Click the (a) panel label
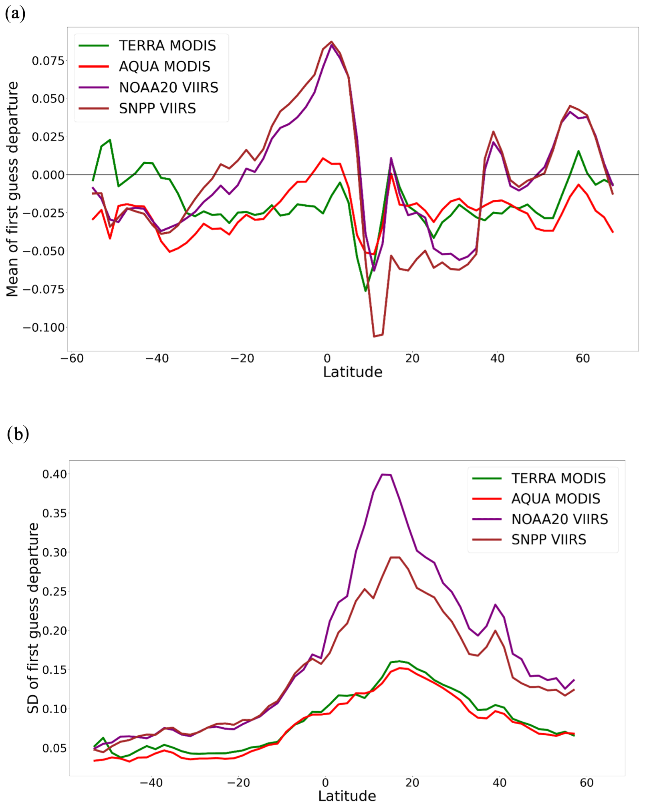click(15, 14)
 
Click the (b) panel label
click(18, 434)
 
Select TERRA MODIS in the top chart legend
click(167, 46)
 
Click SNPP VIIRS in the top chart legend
click(157, 109)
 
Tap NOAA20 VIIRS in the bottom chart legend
click(559, 519)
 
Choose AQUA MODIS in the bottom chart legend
click(555, 499)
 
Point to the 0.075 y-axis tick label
click(48, 61)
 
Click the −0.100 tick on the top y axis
click(44, 328)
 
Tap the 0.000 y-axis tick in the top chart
click(48, 175)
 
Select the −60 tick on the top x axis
click(72, 358)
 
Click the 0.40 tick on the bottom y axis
click(54, 474)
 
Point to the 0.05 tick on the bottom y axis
click(54, 748)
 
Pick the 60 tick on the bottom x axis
click(587, 783)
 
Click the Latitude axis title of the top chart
click(353, 372)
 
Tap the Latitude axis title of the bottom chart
click(347, 796)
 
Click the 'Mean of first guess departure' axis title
click(12, 189)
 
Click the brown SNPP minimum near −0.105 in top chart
click(375, 336)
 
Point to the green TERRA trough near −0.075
click(365, 291)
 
